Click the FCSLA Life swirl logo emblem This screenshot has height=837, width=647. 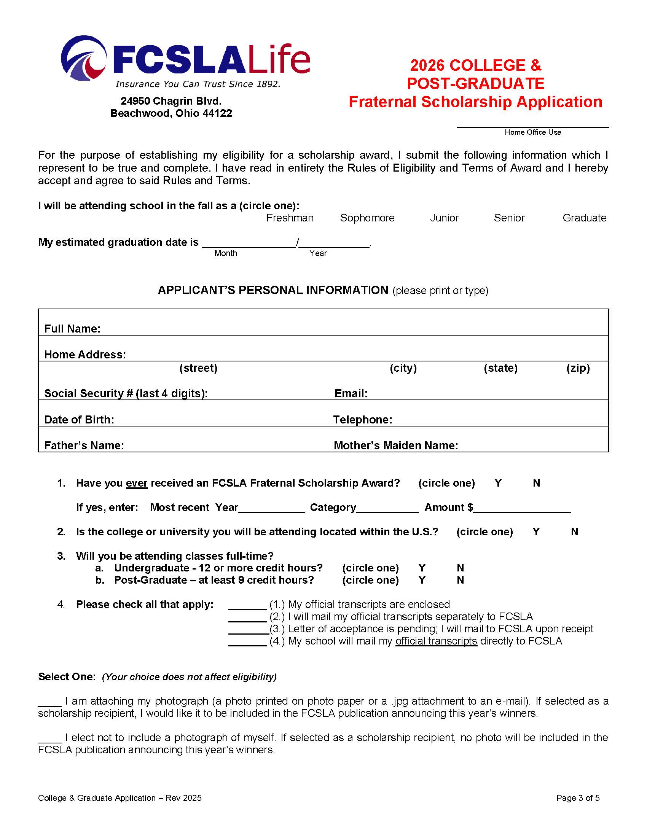[84, 58]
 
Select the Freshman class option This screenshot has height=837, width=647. [290, 218]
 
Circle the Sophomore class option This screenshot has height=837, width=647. [367, 218]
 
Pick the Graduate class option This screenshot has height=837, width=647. [584, 218]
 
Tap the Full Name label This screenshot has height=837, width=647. [72, 329]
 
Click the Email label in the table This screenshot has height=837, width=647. [351, 394]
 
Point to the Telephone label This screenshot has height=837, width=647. [363, 420]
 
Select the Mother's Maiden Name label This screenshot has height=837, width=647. [395, 446]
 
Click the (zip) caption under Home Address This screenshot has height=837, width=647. [578, 368]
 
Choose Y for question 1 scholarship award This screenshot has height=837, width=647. [498, 483]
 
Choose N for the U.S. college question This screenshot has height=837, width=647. [574, 532]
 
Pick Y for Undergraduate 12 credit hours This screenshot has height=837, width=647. [422, 568]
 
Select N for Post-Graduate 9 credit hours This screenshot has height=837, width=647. [460, 580]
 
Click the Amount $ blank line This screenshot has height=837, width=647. [522, 509]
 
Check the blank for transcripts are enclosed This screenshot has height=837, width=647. [247, 606]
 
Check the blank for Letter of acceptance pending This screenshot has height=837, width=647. [248, 630]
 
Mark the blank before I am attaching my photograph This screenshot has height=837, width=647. [49, 702]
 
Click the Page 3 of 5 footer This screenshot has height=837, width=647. [578, 798]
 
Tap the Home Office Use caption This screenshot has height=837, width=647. [532, 132]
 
